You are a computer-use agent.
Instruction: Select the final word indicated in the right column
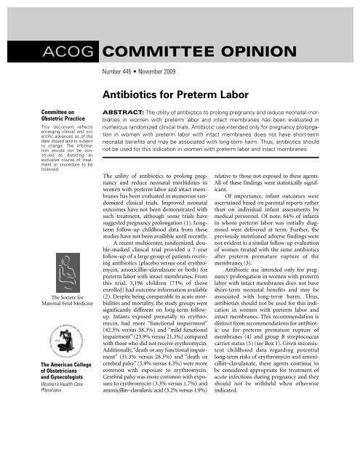[x=253, y=419]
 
